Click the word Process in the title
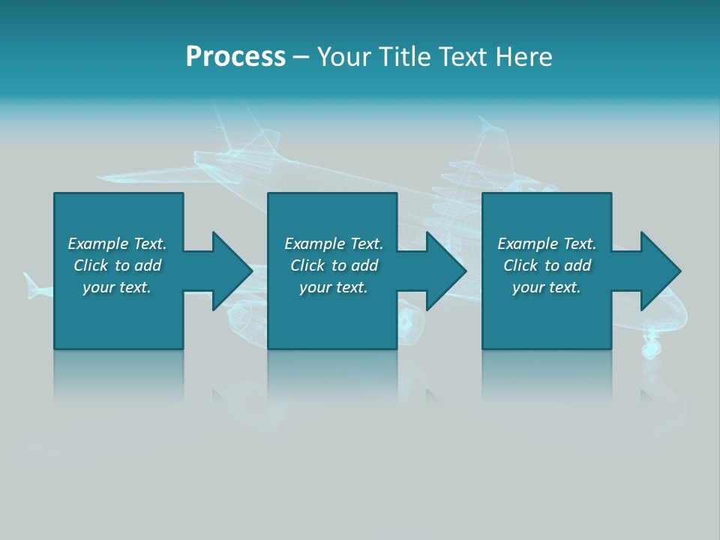[235, 57]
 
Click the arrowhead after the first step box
[232, 271]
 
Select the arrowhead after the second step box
[446, 271]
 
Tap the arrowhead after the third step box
[660, 271]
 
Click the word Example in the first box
[98, 244]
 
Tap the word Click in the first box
[91, 265]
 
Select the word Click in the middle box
[307, 265]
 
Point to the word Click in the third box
[520, 265]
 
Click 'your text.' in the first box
[117, 287]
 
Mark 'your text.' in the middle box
[334, 287]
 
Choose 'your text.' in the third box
[547, 287]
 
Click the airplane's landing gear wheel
[650, 348]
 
